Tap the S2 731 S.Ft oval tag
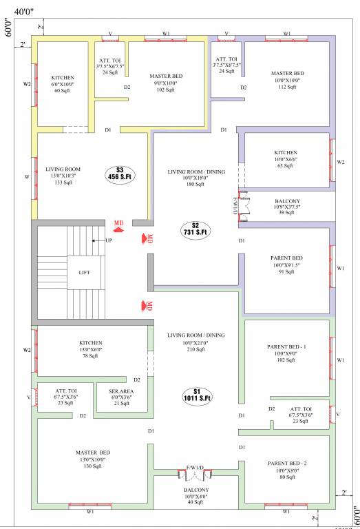point(195,229)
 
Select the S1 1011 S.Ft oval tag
point(197,395)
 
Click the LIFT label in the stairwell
point(85,273)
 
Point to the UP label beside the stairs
point(109,240)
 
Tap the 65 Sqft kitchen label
point(286,159)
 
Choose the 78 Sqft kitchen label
point(90,349)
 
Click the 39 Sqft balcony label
point(286,207)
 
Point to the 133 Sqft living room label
point(63,175)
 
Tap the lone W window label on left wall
point(27,176)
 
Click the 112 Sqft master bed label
point(286,80)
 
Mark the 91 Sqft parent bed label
point(286,265)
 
